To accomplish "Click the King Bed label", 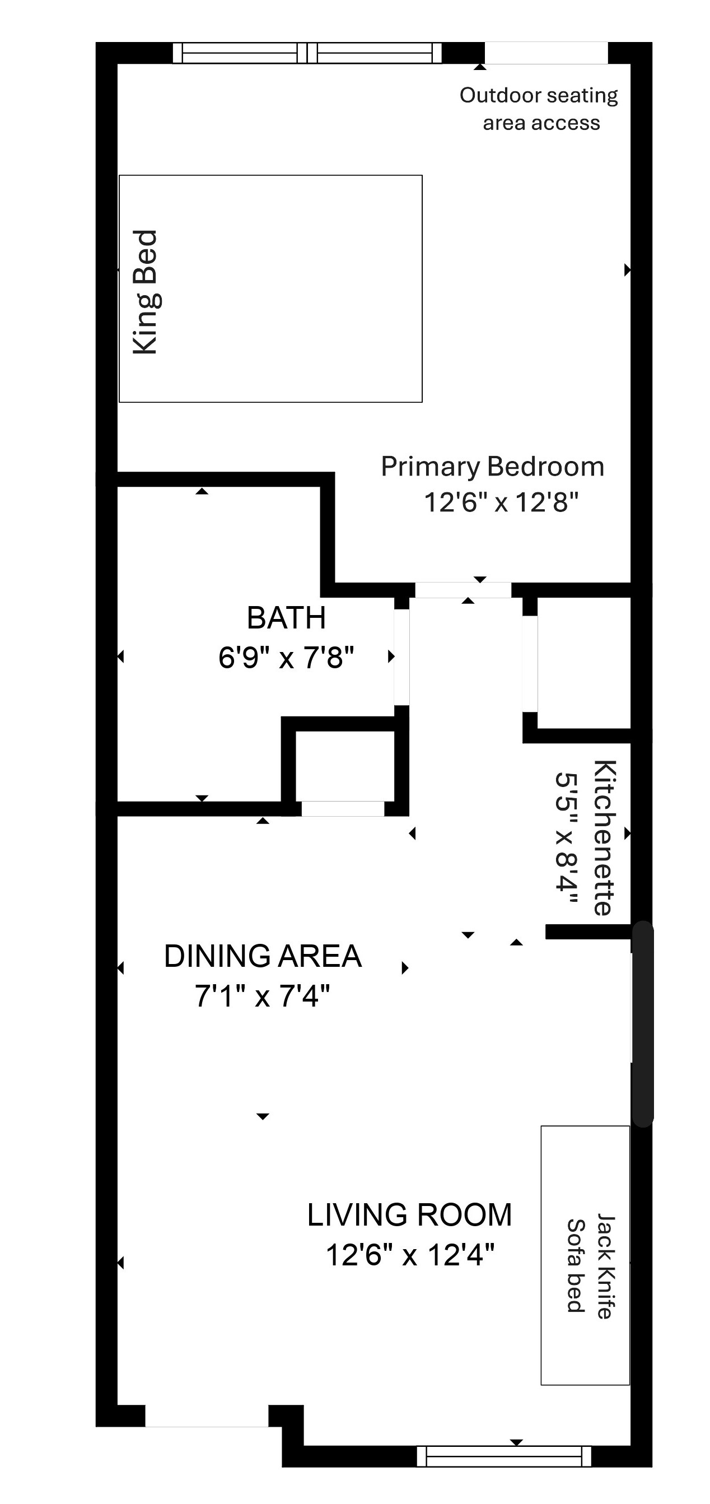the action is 145,292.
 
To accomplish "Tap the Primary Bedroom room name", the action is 492,467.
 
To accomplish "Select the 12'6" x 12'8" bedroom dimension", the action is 501,502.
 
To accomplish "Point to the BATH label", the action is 286,618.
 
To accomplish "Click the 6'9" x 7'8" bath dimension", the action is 286,658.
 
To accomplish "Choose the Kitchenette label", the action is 604,837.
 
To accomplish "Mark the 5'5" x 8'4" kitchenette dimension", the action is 567,839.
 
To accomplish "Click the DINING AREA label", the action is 263,956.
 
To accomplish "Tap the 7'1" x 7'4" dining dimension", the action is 262,996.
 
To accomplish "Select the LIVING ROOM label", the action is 409,1215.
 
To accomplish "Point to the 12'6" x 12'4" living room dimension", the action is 409,1255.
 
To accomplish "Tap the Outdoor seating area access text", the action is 539,109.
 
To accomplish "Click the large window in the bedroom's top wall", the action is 307,53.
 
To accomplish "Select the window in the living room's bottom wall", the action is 504,1456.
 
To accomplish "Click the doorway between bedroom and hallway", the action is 463,590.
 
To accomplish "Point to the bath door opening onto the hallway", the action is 402,658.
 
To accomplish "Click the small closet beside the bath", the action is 345,765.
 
